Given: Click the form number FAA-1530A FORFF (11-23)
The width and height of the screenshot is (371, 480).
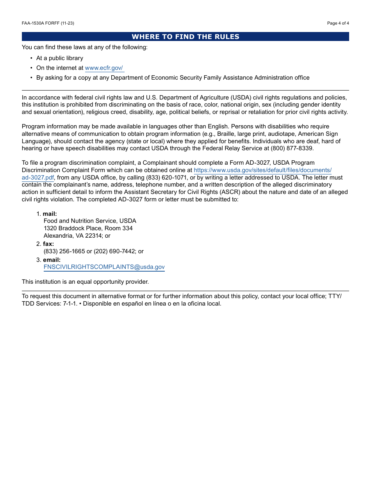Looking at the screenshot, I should tap(48, 23).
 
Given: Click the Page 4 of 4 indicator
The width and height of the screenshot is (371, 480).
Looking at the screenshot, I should tap(338, 23).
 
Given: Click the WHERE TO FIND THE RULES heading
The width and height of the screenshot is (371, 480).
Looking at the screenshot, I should tap(185, 37).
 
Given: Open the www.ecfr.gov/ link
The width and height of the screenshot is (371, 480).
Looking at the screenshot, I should tap(104, 68).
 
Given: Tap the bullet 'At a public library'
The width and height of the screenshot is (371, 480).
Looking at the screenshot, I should tap(59, 58).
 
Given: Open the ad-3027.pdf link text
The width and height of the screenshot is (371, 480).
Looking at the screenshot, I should tap(38, 178).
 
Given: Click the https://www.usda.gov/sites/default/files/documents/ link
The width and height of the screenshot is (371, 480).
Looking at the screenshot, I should tap(262, 170).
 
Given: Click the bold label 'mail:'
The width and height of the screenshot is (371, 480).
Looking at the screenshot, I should tap(50, 214).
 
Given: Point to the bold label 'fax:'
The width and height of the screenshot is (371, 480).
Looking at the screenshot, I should tap(48, 244).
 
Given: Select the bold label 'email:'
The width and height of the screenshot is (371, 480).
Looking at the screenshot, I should tap(52, 260).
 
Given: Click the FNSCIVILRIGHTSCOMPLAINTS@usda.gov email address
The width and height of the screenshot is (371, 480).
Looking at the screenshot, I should tap(104, 267).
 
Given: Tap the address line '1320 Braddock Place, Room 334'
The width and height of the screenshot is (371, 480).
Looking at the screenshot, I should tap(88, 228).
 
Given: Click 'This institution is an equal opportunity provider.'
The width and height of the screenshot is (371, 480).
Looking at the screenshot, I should tap(85, 282).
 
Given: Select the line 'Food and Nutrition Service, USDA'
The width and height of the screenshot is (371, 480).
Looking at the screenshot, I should tap(90, 221).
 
